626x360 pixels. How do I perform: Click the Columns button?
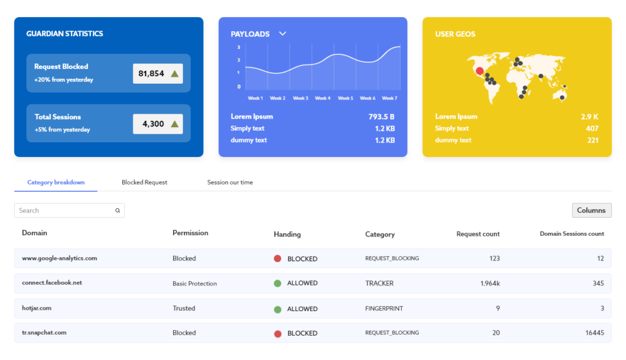[x=591, y=210]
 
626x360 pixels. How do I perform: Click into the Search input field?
[x=64, y=210]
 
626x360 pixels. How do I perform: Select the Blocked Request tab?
[x=144, y=182]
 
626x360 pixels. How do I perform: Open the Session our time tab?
[x=230, y=182]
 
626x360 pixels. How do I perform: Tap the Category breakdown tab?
[x=56, y=182]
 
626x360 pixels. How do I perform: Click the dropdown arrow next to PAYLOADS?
[x=282, y=34]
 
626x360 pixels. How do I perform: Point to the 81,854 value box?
[x=158, y=73]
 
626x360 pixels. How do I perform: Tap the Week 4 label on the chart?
[x=323, y=98]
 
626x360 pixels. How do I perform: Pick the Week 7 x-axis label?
[x=389, y=98]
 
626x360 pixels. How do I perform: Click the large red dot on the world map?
[x=479, y=71]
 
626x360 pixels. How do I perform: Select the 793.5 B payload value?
[x=381, y=116]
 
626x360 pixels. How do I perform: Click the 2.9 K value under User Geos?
[x=589, y=116]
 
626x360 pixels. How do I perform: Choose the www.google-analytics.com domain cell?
[x=59, y=258]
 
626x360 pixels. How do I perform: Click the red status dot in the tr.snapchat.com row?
[x=278, y=333]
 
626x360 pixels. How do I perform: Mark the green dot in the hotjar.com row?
[x=278, y=309]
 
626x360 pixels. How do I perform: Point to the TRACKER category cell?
[x=379, y=284]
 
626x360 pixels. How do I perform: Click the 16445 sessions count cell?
[x=594, y=333]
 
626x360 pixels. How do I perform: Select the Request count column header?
[x=478, y=233]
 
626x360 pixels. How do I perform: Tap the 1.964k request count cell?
[x=490, y=284]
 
